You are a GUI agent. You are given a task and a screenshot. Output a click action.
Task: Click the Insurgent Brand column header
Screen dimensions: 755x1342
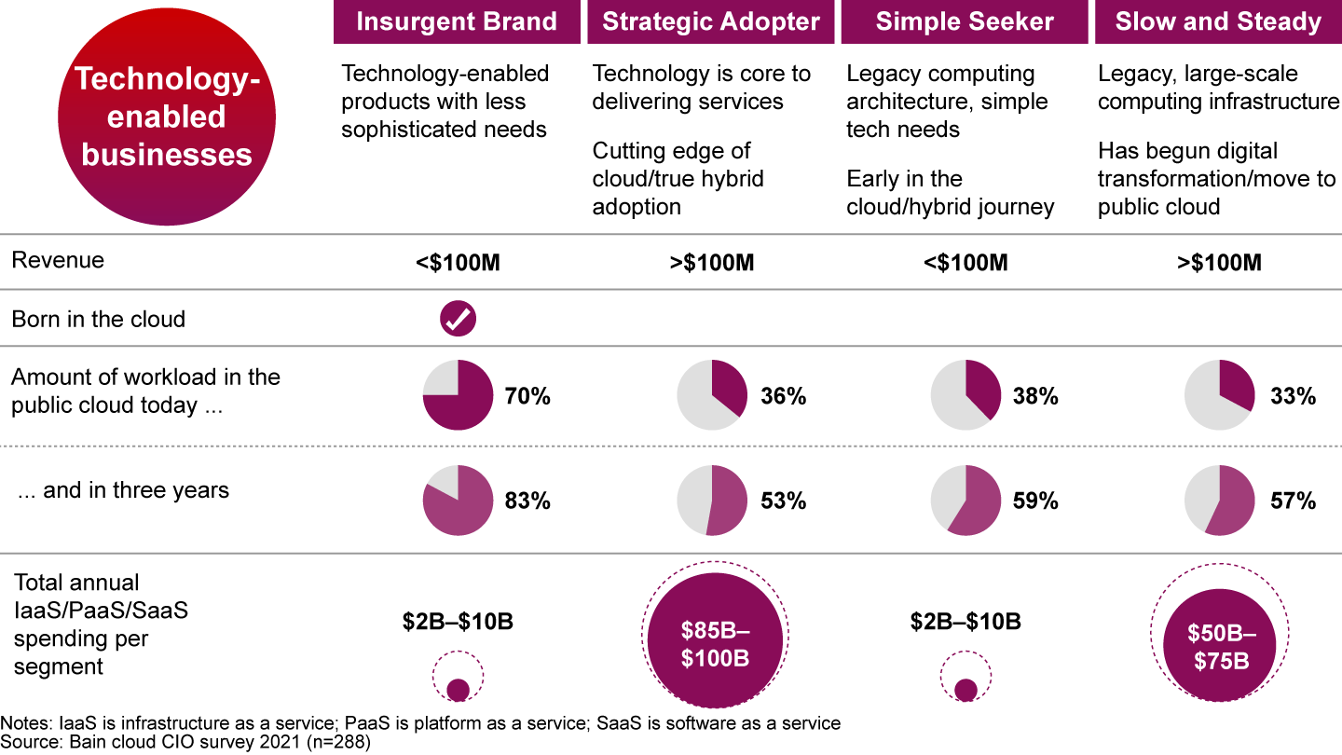click(x=457, y=21)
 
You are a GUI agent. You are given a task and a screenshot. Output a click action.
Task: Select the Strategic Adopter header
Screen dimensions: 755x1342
click(x=711, y=21)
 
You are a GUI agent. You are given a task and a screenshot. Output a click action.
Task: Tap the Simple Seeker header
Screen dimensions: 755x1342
click(x=965, y=21)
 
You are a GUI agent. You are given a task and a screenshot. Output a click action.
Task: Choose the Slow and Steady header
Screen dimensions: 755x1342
click(x=1218, y=21)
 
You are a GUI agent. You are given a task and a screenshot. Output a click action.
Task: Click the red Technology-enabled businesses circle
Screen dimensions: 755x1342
click(x=167, y=117)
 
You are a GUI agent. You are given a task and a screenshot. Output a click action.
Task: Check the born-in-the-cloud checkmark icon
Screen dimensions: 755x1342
click(x=458, y=319)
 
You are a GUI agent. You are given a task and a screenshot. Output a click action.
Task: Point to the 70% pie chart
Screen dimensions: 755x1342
click(x=458, y=396)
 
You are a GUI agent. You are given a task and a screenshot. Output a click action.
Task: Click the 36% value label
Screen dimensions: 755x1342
click(x=783, y=396)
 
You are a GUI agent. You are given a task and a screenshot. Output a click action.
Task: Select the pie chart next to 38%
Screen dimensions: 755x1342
click(x=965, y=396)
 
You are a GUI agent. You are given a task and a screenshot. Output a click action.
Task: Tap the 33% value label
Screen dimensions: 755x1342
click(x=1293, y=396)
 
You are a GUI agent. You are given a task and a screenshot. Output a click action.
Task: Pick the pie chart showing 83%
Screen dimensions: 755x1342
click(x=458, y=501)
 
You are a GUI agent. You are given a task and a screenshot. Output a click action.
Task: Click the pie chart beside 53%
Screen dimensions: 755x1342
click(x=711, y=501)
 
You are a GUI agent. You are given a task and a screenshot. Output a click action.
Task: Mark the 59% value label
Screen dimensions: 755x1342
click(x=1035, y=501)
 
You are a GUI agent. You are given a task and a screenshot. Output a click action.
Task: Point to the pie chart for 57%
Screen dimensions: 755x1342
click(x=1219, y=501)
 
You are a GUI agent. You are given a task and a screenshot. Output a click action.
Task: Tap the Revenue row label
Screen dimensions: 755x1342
click(x=58, y=260)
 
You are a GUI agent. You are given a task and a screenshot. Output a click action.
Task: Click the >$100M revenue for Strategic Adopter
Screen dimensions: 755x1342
click(x=711, y=263)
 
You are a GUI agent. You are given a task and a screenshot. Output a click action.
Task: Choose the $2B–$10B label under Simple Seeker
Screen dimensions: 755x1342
click(x=965, y=622)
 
